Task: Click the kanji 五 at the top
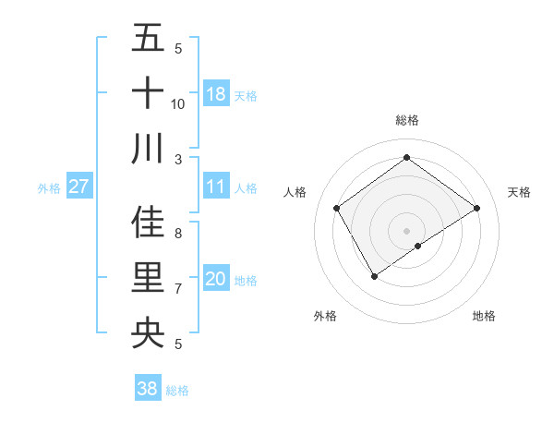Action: click(148, 38)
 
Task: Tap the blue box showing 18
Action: click(216, 93)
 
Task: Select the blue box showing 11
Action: click(216, 187)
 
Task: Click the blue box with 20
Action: click(216, 279)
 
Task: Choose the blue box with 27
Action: click(79, 187)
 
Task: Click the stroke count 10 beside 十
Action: click(178, 103)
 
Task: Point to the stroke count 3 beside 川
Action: click(178, 159)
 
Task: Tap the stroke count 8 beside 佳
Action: click(178, 233)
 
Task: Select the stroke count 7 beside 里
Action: click(178, 289)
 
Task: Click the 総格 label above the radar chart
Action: click(407, 121)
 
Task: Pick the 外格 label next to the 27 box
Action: click(49, 188)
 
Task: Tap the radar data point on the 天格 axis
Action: click(477, 208)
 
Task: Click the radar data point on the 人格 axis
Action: click(337, 208)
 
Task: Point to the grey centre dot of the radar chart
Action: click(407, 230)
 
